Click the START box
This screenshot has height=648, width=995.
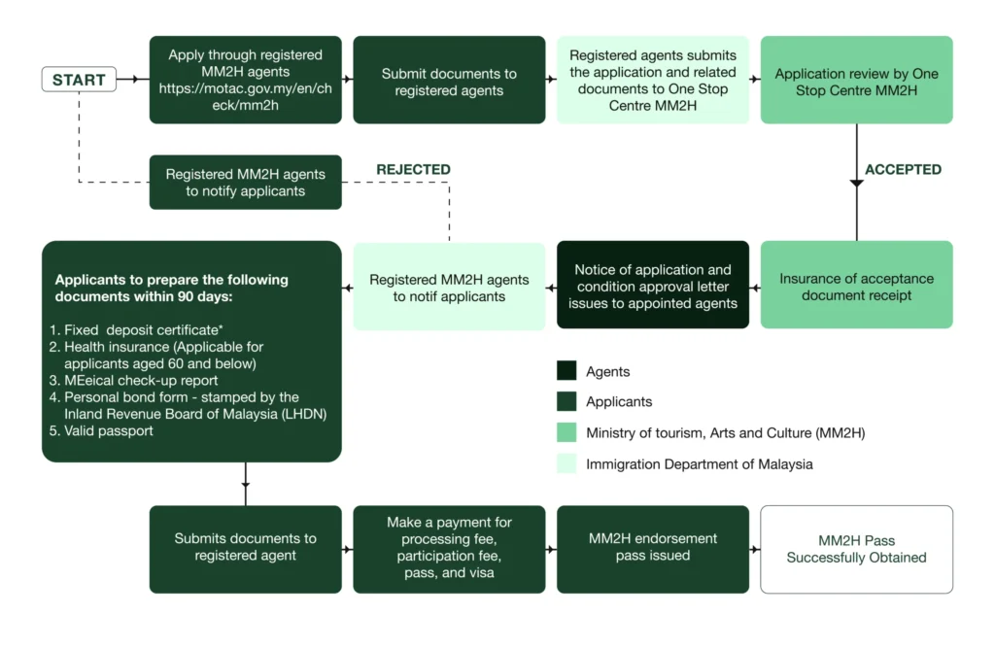point(79,80)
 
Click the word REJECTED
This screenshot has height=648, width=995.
point(413,170)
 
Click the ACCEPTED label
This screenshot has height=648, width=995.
point(903,170)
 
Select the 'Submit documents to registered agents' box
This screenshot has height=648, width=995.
point(449,81)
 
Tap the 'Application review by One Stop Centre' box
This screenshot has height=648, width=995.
point(856,81)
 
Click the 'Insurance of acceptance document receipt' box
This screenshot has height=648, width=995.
point(856,286)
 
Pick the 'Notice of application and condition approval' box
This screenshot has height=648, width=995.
point(653,286)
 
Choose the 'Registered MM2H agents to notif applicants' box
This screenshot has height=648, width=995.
point(449,287)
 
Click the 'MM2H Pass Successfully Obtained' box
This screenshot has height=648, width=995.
point(856,549)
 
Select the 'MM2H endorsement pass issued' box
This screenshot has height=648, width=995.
point(653,549)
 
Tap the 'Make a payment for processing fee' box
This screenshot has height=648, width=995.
point(449,549)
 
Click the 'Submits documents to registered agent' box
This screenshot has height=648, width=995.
point(245,549)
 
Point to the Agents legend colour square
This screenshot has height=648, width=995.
point(566,371)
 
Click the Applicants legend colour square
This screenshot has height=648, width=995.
point(566,402)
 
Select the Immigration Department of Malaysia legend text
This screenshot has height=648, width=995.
point(699,464)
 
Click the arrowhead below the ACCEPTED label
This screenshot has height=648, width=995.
point(856,182)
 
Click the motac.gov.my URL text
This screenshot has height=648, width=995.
point(245,97)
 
